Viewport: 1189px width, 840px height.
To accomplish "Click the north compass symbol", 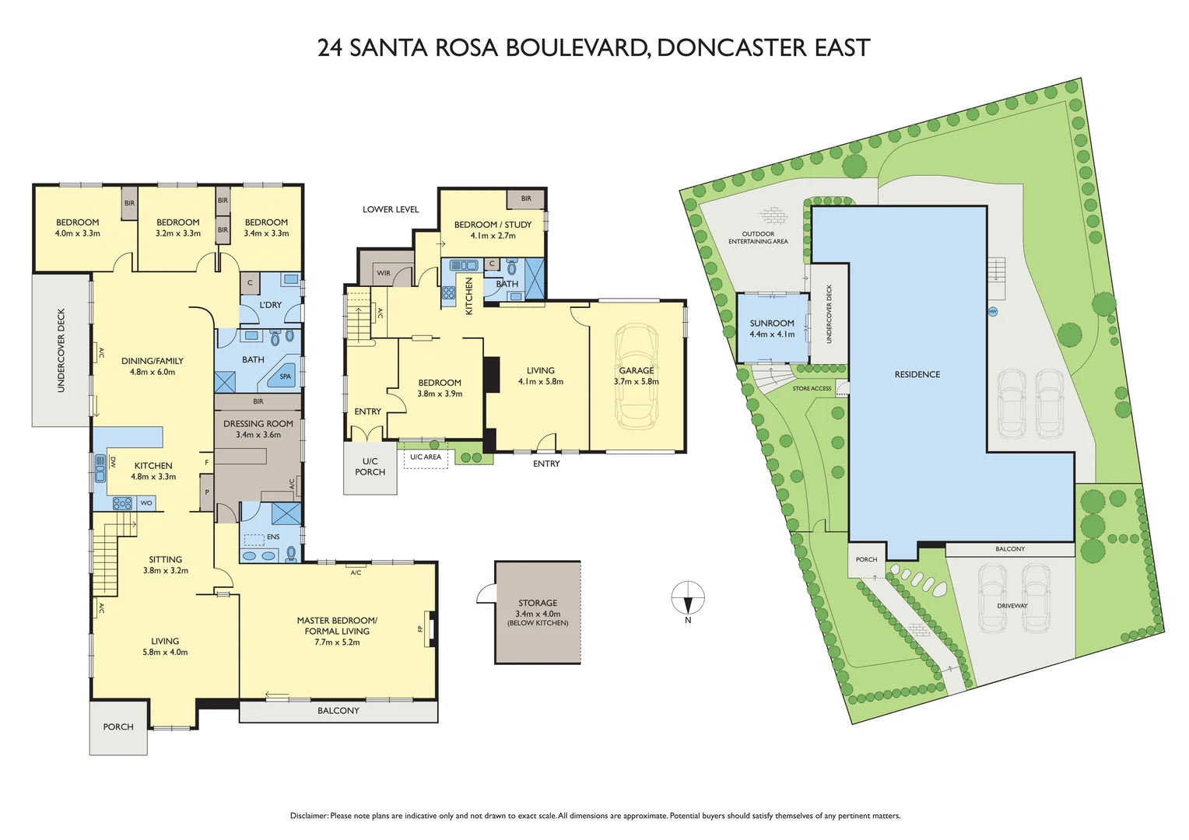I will coord(688,599).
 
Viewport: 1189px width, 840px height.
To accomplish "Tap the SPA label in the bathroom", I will coord(286,376).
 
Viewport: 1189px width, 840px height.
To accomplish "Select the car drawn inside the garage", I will coord(637,376).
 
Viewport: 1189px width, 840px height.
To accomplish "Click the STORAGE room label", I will coord(538,603).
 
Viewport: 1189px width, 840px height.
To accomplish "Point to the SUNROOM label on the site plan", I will coord(772,324).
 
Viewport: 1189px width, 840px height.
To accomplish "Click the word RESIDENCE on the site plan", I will coord(917,375).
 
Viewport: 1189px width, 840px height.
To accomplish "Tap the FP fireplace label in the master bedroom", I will coord(421,628).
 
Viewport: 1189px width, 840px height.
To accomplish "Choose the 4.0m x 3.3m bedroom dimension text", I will coord(77,233).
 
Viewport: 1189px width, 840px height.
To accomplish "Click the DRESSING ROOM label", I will coord(258,424).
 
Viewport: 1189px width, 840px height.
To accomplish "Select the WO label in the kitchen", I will coord(146,503).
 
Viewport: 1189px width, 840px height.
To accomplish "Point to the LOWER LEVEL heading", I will coord(391,209).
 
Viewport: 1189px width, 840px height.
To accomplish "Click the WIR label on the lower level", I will coord(384,273).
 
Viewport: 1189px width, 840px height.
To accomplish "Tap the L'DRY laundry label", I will coord(271,305).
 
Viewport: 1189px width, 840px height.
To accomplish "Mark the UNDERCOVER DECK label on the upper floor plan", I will coord(61,350).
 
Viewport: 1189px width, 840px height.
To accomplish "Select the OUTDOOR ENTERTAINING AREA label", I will coord(758,237).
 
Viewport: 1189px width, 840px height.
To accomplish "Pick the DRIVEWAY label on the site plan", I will coord(1012,605).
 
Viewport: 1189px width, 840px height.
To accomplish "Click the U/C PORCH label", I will coord(370,467).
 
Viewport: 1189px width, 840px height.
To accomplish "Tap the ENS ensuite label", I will coord(273,537).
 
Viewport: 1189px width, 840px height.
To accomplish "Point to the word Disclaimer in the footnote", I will coord(309,816).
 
